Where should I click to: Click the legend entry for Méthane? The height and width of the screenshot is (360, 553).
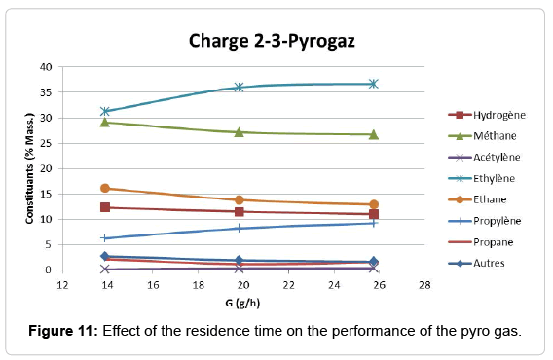point(480,136)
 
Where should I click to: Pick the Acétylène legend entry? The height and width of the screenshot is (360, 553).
point(483,158)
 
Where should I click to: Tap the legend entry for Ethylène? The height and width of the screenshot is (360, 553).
point(481,178)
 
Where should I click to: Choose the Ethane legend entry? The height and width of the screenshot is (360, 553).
point(477,199)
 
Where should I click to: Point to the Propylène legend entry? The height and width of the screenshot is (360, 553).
point(483,221)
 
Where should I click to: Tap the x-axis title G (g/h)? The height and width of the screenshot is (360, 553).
point(242,304)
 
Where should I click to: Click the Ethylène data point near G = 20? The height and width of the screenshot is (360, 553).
point(239,88)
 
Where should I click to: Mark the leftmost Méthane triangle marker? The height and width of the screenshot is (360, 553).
point(104,122)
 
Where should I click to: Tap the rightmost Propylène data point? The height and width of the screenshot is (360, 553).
point(373,223)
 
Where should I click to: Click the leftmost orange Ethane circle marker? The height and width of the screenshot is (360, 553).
point(104,188)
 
